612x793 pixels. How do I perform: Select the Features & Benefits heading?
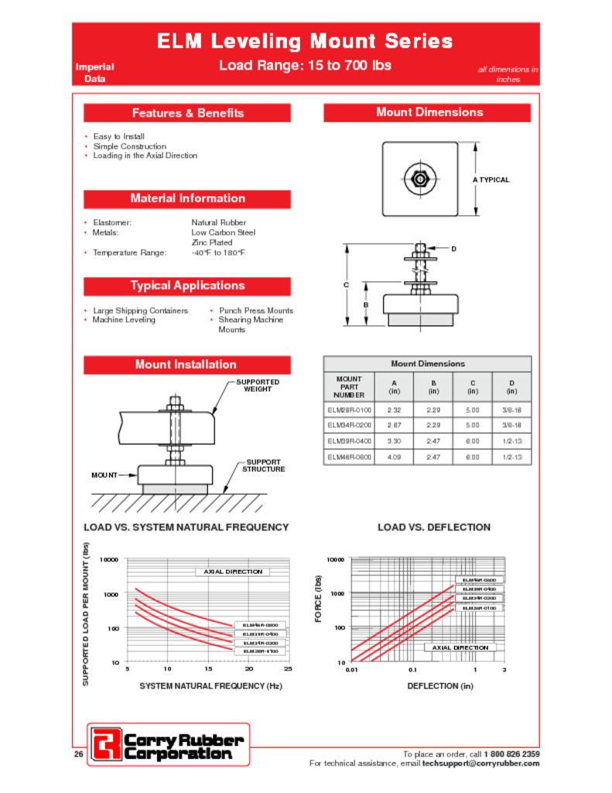pos(187,113)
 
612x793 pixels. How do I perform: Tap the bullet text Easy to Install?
pos(118,136)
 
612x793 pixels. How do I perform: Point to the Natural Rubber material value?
pos(218,222)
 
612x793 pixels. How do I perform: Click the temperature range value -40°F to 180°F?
pos(217,252)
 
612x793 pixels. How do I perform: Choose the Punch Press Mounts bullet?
pos(255,311)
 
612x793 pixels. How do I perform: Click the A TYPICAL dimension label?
pos(491,180)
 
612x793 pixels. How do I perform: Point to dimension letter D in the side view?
pos(454,249)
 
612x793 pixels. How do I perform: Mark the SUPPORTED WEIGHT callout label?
pos(258,386)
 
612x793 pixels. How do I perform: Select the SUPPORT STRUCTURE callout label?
pos(263,465)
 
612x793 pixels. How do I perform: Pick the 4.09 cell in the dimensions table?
pos(394,458)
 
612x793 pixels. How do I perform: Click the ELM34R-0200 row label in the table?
pos(349,425)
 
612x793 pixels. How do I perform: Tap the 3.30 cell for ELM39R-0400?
pos(394,441)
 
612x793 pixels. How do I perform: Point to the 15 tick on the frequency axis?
pos(208,668)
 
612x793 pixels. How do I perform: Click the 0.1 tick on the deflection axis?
pos(412,668)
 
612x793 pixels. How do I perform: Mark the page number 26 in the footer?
pos(78,754)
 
